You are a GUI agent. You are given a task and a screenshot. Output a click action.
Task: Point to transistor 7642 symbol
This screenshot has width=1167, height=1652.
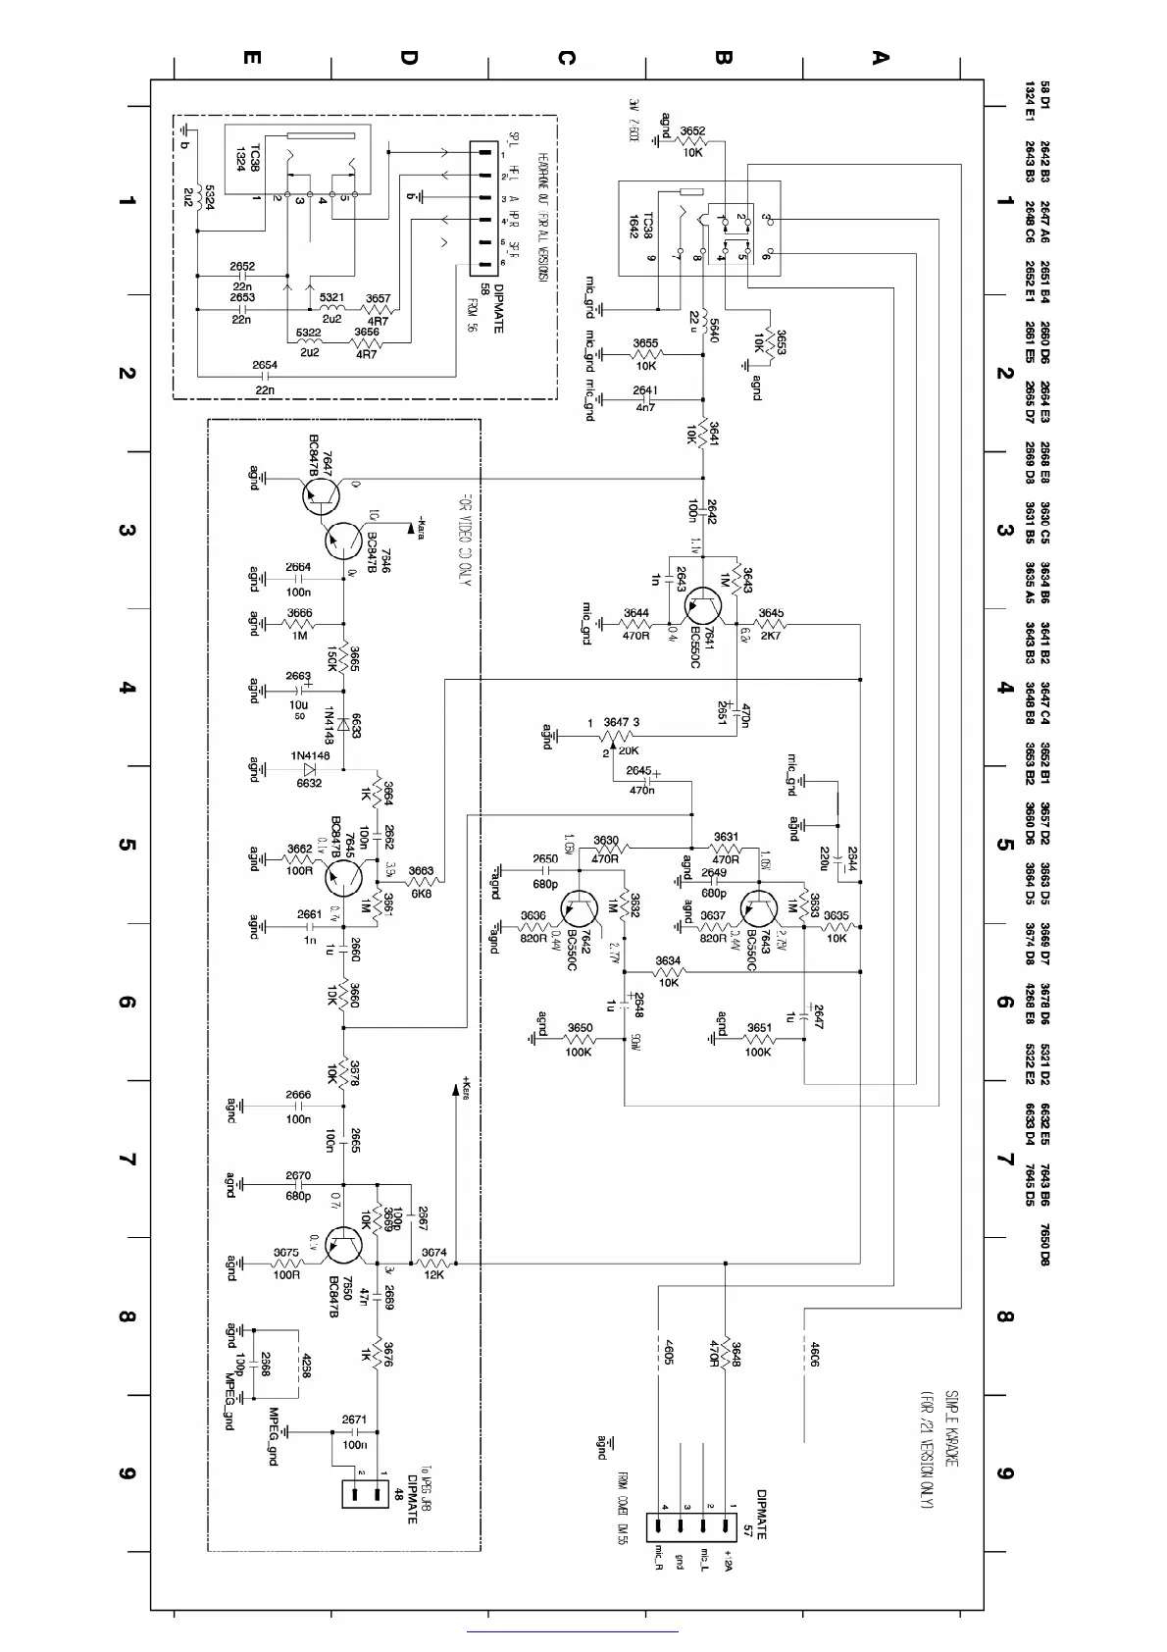click(x=583, y=910)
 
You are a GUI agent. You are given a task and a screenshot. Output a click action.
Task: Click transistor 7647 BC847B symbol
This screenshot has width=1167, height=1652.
click(x=321, y=496)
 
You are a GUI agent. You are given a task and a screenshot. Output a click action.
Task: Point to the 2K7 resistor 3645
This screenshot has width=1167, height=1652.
click(x=771, y=625)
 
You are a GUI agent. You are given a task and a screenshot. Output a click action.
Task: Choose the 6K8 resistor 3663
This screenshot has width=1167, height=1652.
click(x=423, y=881)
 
